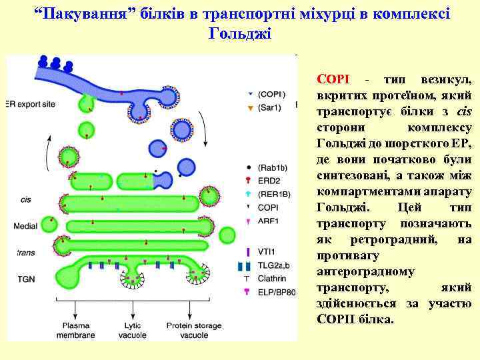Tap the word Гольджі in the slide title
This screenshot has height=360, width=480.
(240, 33)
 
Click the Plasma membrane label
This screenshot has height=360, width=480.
(75, 331)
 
